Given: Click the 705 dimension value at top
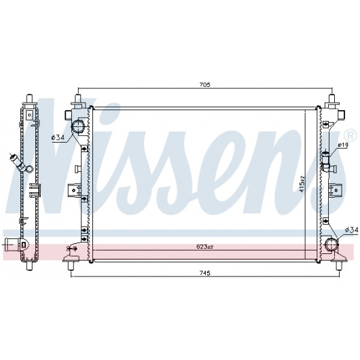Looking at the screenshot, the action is click(205, 85).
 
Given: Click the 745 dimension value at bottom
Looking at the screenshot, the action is click(205, 273).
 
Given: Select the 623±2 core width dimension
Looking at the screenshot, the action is click(205, 247).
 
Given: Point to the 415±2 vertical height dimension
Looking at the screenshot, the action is click(302, 184).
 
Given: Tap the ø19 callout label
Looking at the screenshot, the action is click(343, 145).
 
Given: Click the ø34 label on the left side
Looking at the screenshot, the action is click(58, 137).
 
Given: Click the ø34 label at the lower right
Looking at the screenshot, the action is click(351, 230).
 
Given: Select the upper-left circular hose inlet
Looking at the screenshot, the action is click(78, 127).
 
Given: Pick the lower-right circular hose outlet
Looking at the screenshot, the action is click(332, 245).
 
